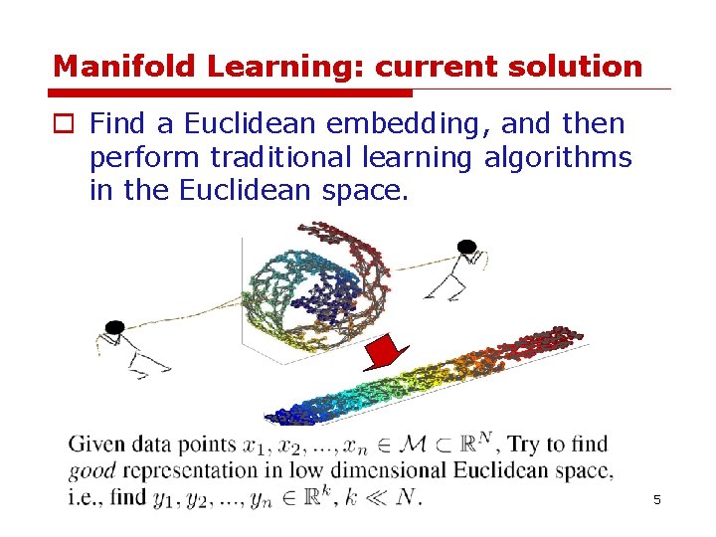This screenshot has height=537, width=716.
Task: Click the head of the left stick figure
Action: coord(113,326)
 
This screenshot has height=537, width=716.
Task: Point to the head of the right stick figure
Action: coord(465,246)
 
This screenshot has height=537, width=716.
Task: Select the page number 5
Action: coord(657,499)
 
